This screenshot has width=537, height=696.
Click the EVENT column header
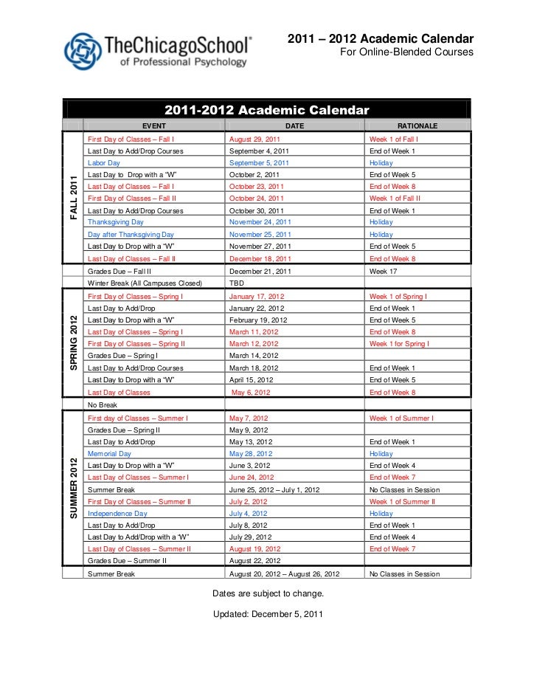tap(154, 126)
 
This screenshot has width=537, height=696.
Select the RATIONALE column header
tap(417, 126)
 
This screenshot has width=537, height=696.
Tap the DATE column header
tap(294, 126)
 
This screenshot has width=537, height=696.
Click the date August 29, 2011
tap(254, 139)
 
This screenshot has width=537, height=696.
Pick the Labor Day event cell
tap(104, 162)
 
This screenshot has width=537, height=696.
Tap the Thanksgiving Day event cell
tap(116, 221)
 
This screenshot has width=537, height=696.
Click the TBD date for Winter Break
tap(237, 283)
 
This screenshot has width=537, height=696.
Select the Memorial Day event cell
tap(109, 454)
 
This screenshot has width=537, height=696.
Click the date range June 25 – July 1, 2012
tap(274, 489)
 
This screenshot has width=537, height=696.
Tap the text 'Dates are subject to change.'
tap(268, 593)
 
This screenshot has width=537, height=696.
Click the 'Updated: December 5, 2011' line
tap(268, 614)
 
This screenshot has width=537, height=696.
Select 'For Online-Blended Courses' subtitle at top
tap(406, 53)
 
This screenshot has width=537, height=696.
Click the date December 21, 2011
tap(260, 271)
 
